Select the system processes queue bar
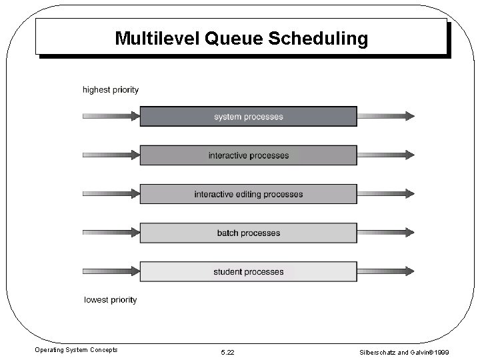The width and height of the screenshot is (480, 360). tap(248, 117)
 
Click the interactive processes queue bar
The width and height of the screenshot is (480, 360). tap(248, 155)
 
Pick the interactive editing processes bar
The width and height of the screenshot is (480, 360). tap(248, 194)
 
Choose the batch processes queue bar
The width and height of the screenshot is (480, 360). tap(248, 233)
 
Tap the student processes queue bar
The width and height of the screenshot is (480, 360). tap(248, 271)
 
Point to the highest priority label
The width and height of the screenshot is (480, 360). tap(111, 90)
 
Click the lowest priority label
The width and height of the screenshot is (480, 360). tap(111, 300)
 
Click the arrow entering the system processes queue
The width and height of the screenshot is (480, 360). tap(111, 117)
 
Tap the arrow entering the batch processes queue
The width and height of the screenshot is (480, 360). tap(111, 233)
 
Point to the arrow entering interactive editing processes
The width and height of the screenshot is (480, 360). tap(111, 194)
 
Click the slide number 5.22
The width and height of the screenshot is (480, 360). tap(228, 351)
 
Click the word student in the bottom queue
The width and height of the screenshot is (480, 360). tap(227, 271)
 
